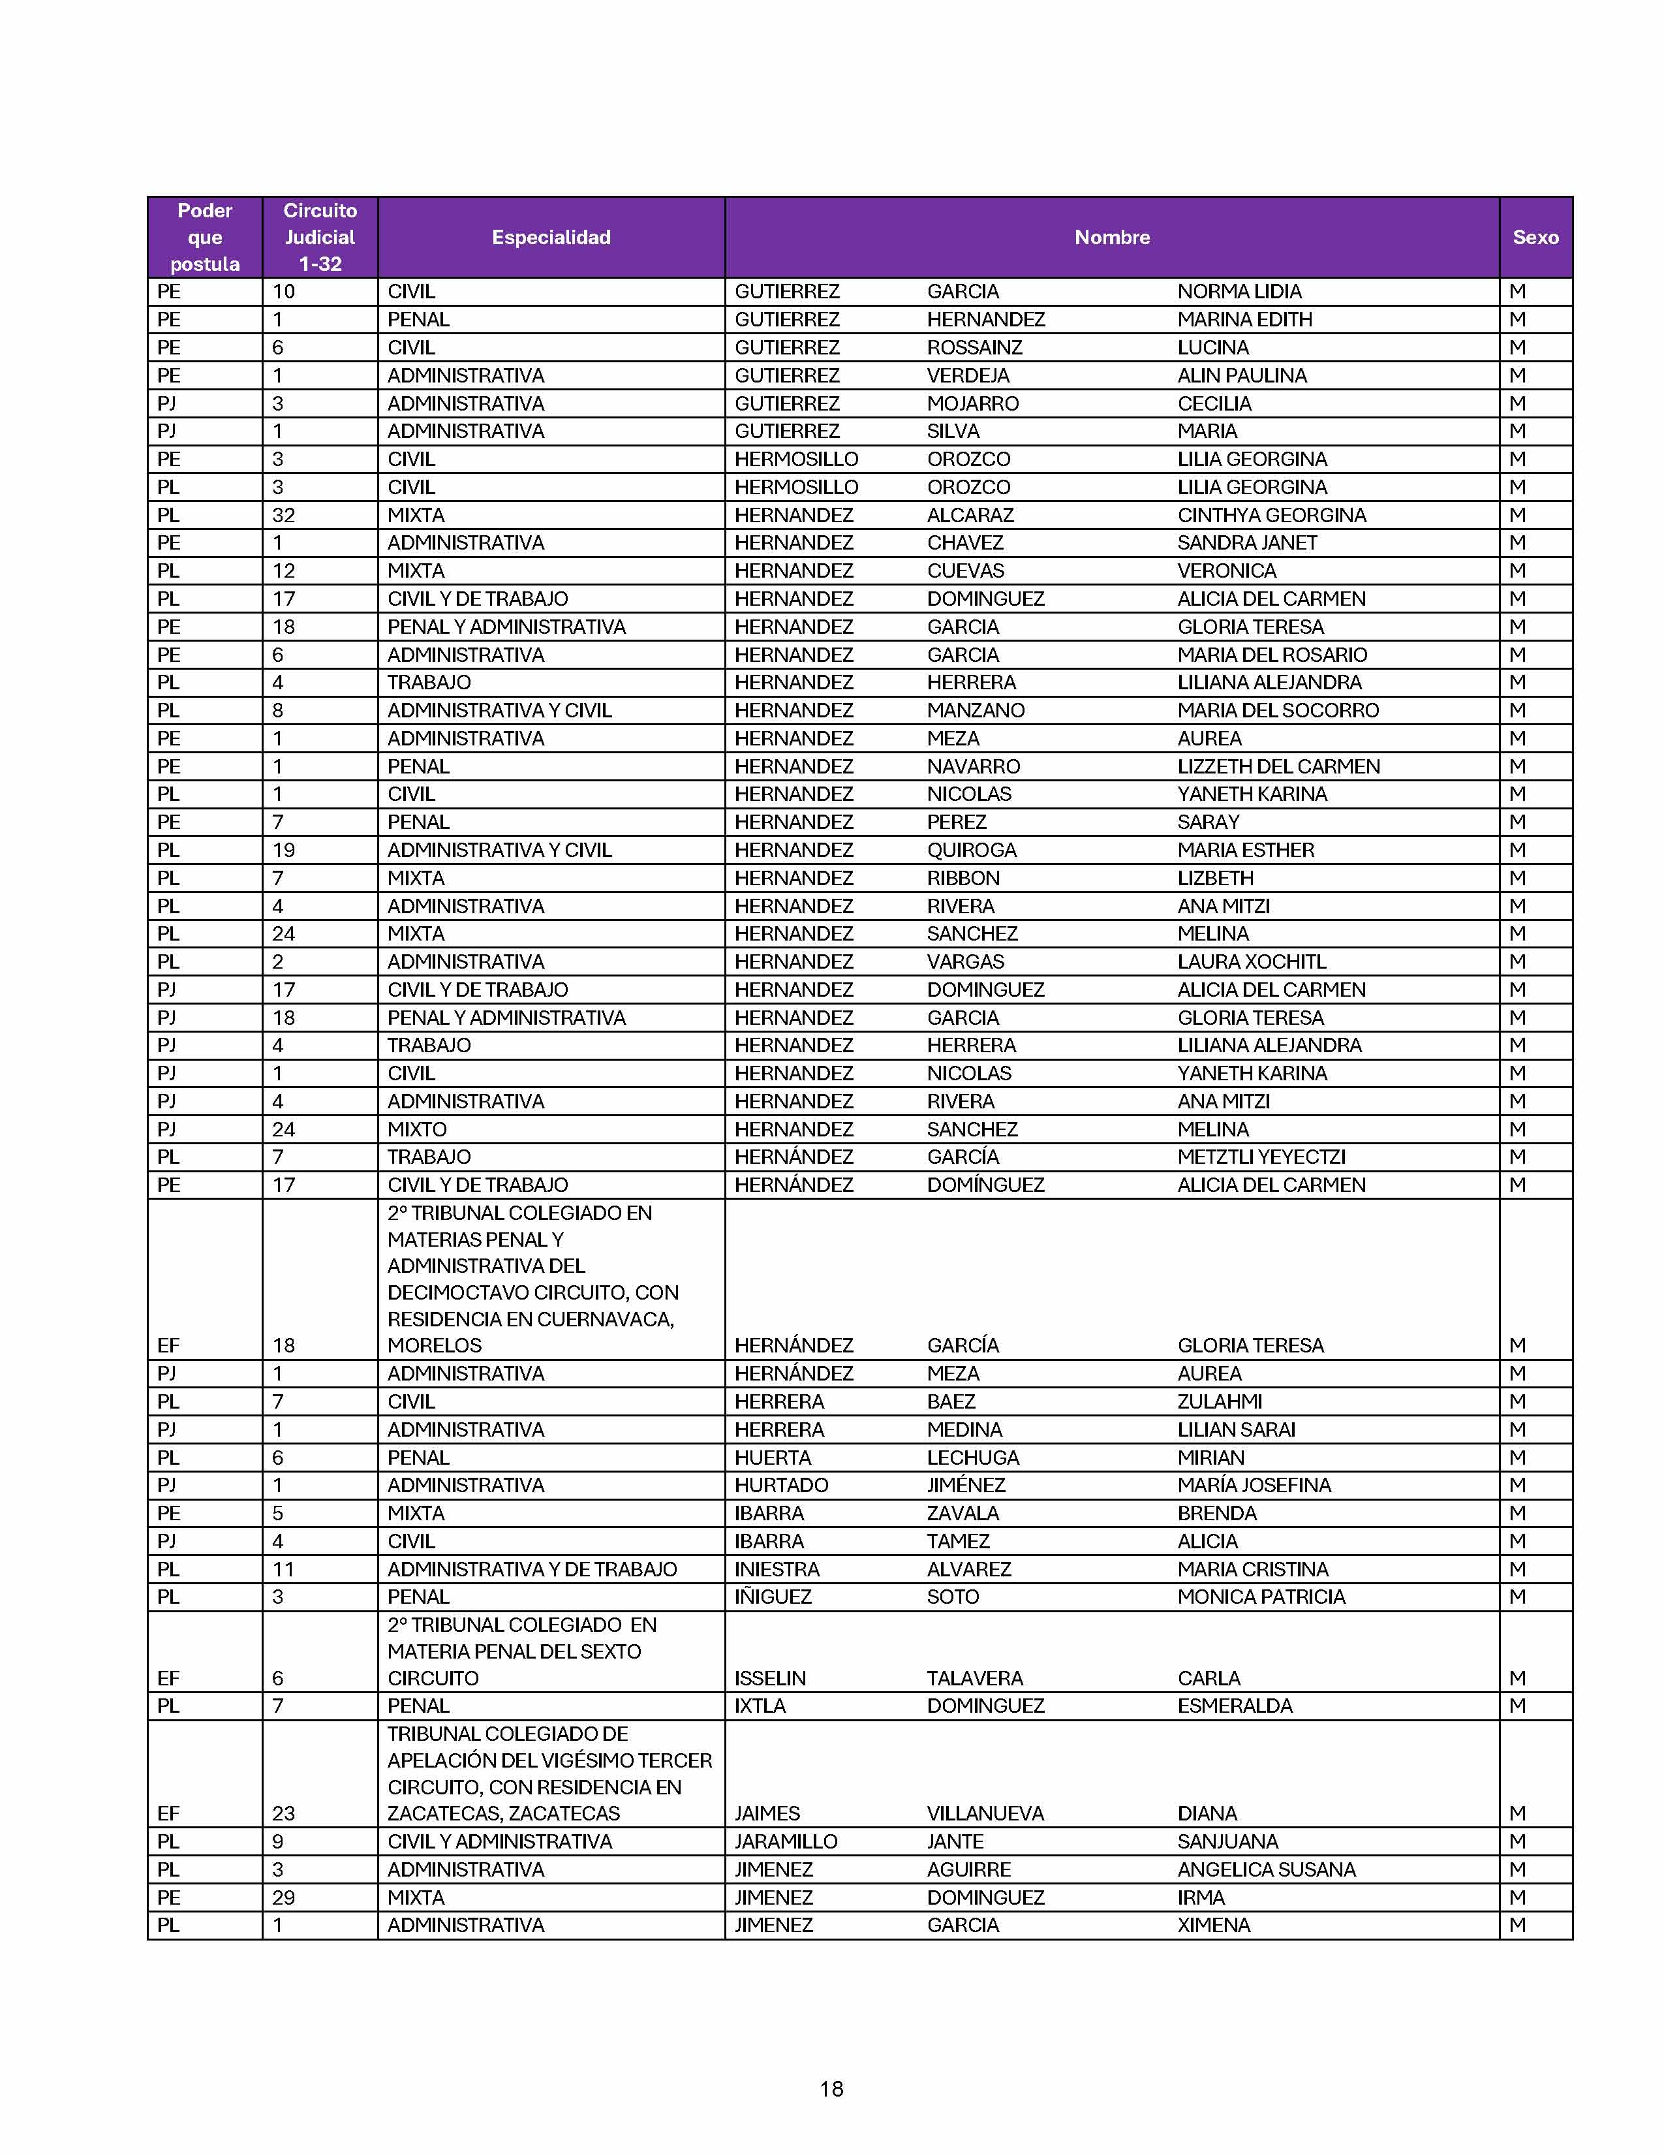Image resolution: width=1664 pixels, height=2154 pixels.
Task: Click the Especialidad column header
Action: pos(551,237)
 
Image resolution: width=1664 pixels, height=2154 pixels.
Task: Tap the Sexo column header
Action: pos(1535,237)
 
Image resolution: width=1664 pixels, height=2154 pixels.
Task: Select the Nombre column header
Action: pos(1112,237)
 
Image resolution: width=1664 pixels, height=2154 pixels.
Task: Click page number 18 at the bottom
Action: pos(831,2088)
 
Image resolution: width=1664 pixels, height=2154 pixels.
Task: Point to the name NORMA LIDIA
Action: pos(1239,292)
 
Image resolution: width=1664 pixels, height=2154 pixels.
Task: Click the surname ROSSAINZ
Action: pos(974,347)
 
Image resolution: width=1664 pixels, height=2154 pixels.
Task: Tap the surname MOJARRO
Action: pos(972,403)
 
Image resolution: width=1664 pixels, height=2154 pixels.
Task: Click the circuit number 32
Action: pos(284,515)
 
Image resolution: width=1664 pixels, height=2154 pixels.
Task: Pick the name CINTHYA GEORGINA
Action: pos(1271,515)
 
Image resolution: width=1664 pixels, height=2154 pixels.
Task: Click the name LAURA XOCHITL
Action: pos(1251,961)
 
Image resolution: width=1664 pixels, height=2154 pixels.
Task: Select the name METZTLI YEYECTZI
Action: pos(1261,1157)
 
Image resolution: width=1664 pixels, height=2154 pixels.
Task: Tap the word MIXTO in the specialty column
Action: pos(416,1129)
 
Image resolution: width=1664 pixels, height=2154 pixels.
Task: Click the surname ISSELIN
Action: pos(770,1678)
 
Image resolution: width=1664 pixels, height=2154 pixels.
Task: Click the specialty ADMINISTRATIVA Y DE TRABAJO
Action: pos(531,1569)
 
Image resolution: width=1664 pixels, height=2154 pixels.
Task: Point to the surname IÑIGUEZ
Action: pos(773,1597)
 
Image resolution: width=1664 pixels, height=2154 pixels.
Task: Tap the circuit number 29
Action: pos(284,1897)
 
